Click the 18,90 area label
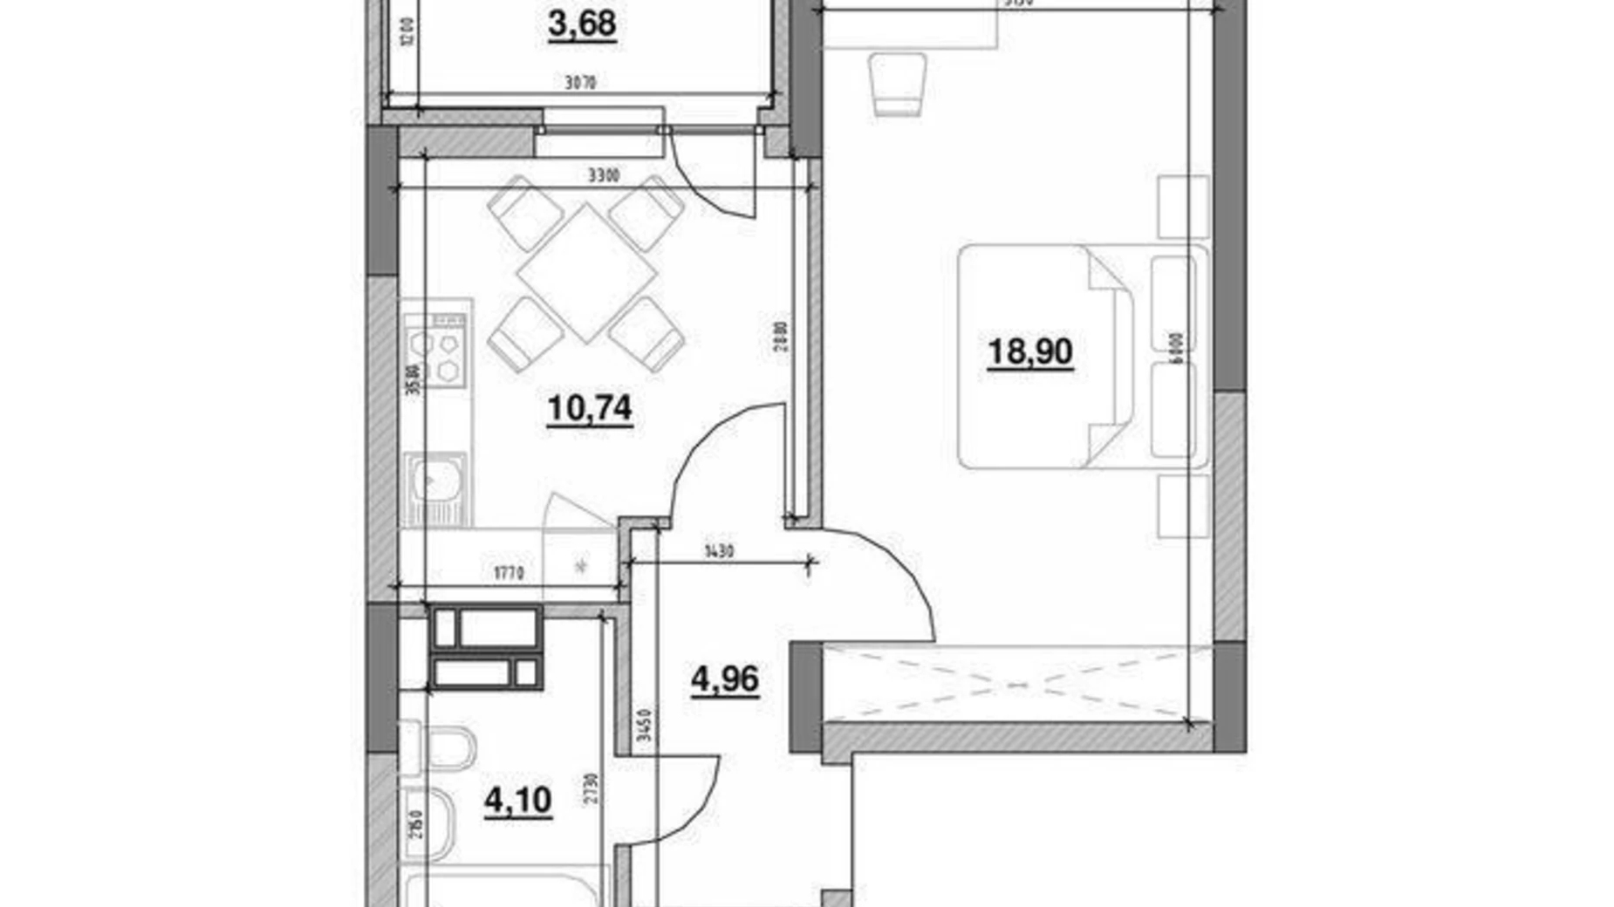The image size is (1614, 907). (x=1029, y=352)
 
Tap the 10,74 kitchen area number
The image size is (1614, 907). (x=590, y=408)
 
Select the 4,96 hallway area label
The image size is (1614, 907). (x=724, y=679)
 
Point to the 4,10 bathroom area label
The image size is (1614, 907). (x=517, y=801)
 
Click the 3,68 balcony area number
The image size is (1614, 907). (x=582, y=24)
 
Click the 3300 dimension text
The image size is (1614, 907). (x=603, y=175)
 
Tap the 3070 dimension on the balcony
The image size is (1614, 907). (x=580, y=84)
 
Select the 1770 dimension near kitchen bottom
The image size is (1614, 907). (x=508, y=573)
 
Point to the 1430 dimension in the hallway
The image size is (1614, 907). (x=720, y=551)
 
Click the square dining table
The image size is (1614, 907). (x=586, y=272)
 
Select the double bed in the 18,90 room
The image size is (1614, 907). (x=1047, y=356)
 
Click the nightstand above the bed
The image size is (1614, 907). (x=1183, y=207)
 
